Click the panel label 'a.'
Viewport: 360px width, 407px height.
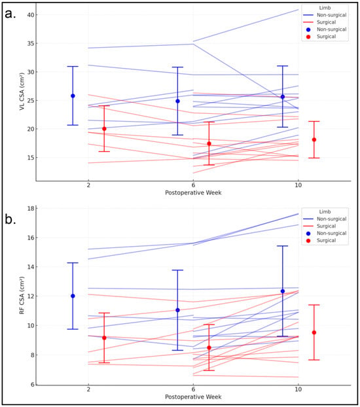[10, 14]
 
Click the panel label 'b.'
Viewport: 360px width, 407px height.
[10, 220]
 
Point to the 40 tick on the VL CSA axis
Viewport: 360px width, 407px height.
[30, 15]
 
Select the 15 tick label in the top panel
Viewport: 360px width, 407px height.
[30, 158]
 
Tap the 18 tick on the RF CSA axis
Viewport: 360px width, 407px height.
[31, 209]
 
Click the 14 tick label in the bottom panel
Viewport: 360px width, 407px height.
[31, 267]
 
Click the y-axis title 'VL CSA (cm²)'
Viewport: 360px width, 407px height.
[22, 92]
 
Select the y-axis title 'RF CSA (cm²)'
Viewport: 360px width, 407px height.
[22, 295]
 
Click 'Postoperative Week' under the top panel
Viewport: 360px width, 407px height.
[193, 193]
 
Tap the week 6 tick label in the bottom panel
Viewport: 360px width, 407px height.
[193, 389]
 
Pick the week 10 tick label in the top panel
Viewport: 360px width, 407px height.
[298, 185]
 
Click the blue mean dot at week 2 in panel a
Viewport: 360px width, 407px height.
[73, 96]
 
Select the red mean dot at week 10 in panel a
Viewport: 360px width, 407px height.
[314, 139]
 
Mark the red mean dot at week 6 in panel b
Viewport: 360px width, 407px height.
[209, 348]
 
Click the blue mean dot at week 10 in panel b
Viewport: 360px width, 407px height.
[283, 291]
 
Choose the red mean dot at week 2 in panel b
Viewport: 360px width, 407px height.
[104, 338]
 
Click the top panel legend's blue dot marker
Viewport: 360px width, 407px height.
[308, 29]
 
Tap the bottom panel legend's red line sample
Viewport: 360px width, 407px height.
[308, 226]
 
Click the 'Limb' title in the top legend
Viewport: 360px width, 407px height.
[325, 8]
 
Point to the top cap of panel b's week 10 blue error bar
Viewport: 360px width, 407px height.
[283, 246]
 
